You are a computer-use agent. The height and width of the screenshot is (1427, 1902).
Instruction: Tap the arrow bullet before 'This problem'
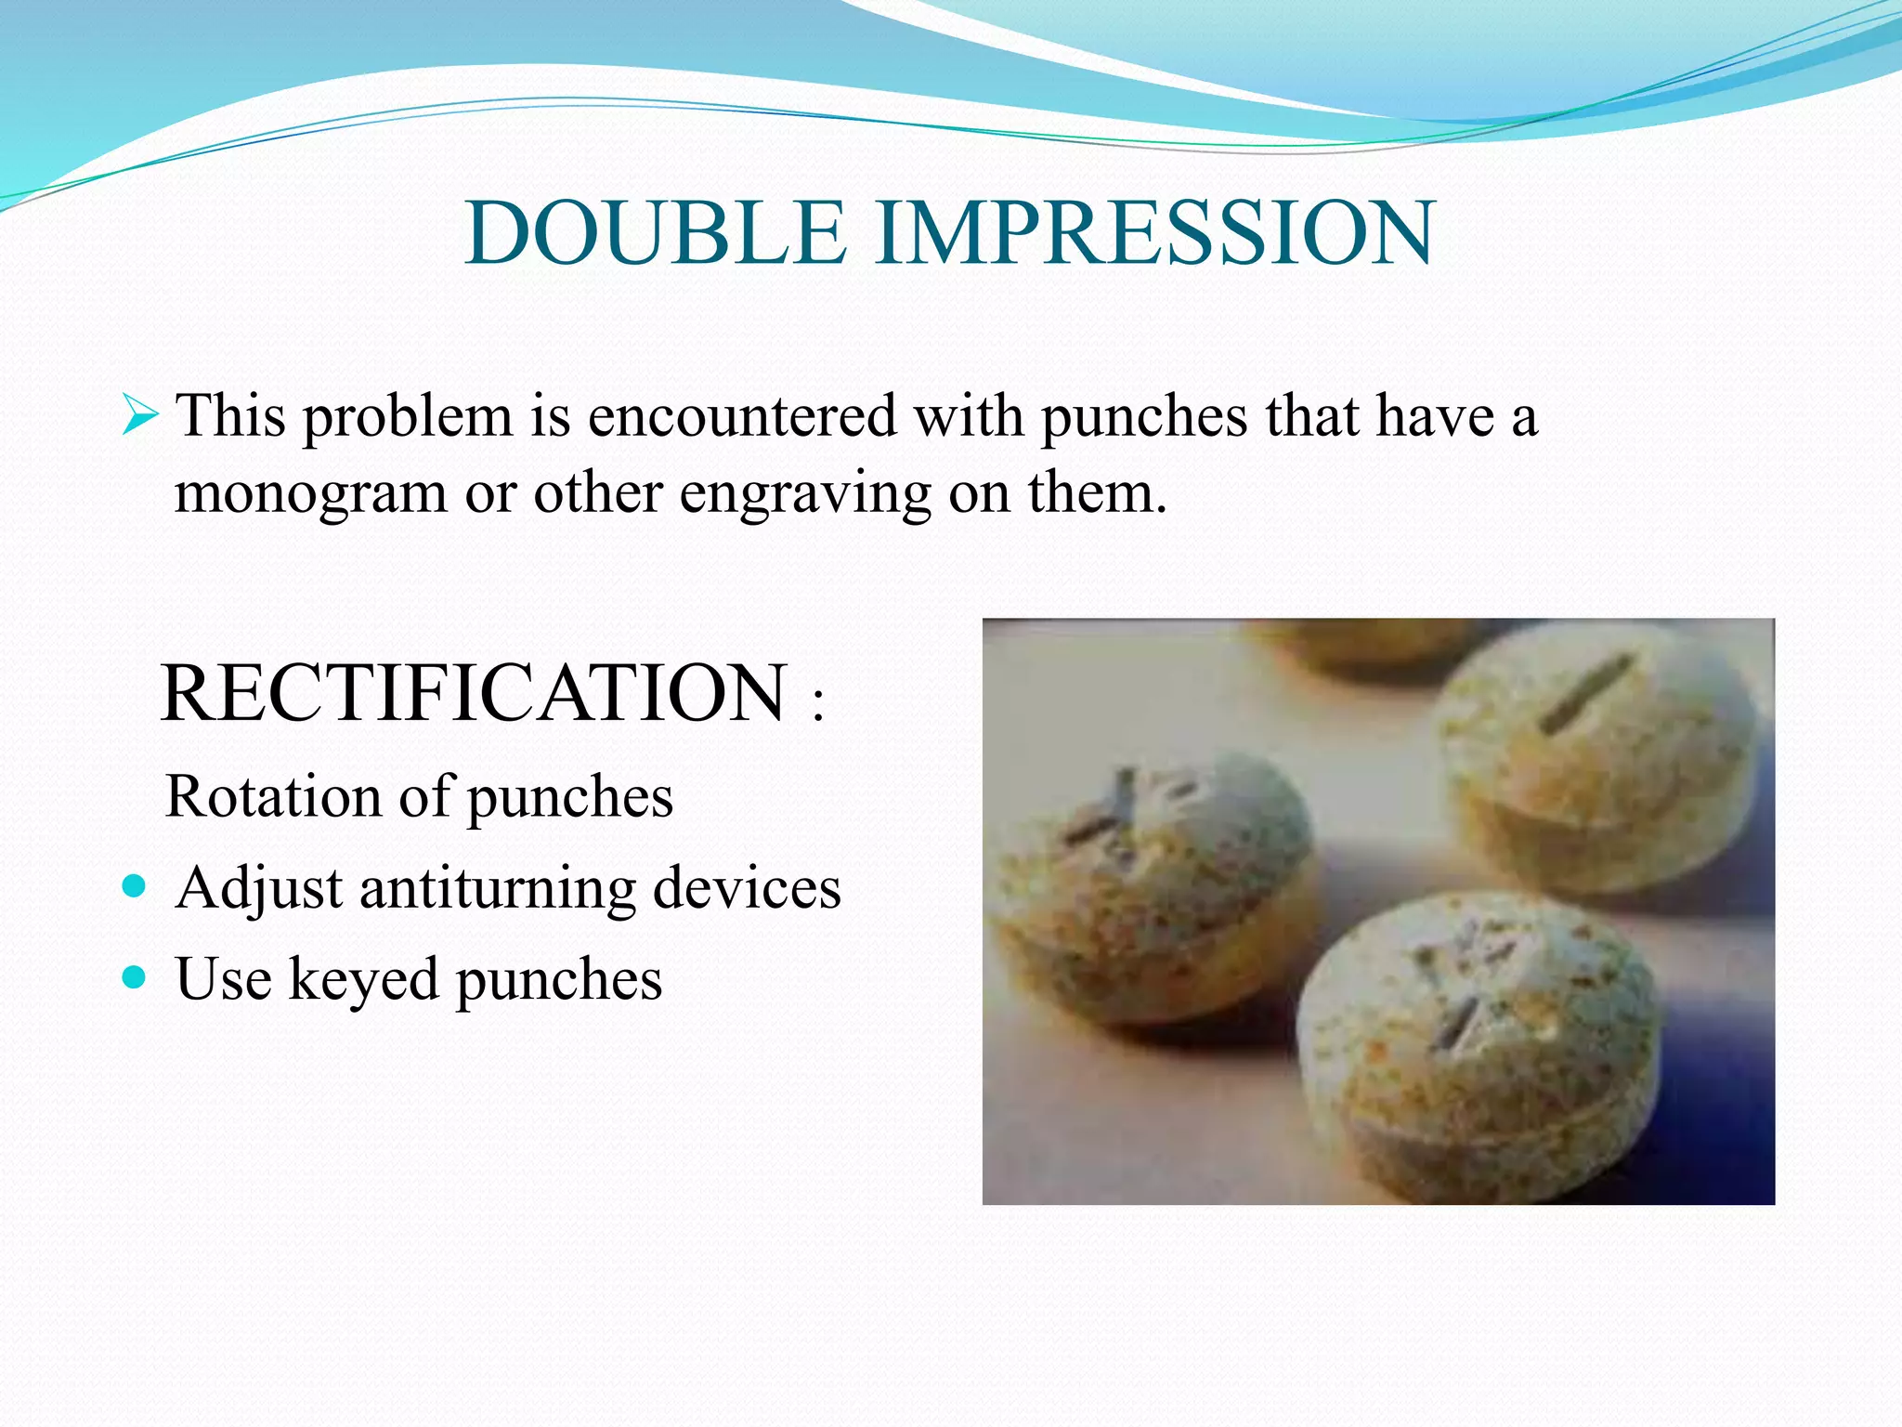click(x=140, y=415)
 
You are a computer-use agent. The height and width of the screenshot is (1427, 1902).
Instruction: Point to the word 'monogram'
click(x=310, y=494)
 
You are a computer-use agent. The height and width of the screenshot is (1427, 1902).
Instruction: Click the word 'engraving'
click(x=804, y=494)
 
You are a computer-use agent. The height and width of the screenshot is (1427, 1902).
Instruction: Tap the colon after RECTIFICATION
click(x=817, y=705)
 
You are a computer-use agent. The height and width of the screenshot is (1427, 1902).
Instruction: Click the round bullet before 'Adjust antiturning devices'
click(x=135, y=885)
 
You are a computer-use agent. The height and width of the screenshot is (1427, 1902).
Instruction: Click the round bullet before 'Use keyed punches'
click(x=135, y=976)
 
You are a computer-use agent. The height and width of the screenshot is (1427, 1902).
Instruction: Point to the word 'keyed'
click(x=363, y=980)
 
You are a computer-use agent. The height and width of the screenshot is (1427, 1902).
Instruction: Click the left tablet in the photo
click(x=1152, y=892)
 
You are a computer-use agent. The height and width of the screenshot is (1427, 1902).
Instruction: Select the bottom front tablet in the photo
click(x=1477, y=1050)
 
